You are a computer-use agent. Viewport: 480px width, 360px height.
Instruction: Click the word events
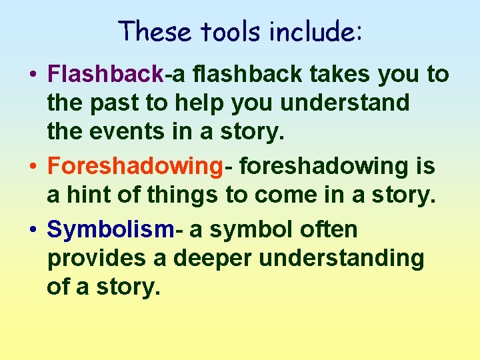coord(133,131)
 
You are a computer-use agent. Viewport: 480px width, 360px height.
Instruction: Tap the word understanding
coord(349,259)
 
